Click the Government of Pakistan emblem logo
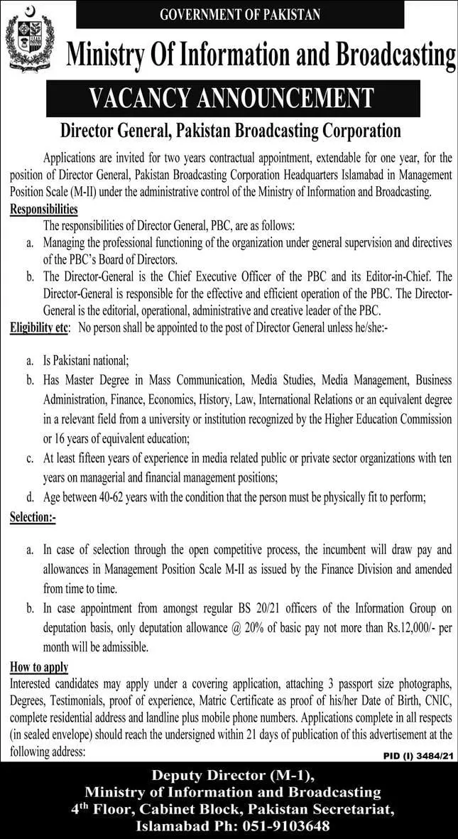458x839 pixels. pos(29,40)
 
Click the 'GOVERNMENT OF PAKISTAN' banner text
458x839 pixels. pos(241,13)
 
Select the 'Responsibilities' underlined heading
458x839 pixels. pos(44,210)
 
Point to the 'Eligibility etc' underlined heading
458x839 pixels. pos(39,327)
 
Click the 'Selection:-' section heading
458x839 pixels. pos(33,518)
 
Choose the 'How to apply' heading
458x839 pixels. pos(39,666)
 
